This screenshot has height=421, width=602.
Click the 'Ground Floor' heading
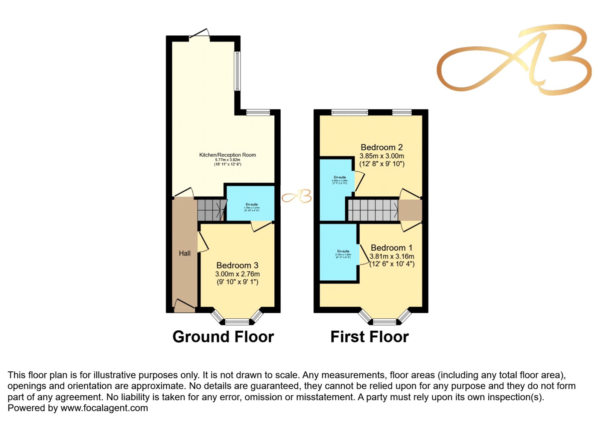tap(223, 337)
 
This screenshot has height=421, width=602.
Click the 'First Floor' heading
tap(369, 337)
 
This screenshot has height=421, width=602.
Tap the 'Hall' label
tap(184, 254)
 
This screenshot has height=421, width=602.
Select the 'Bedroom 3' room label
tap(237, 266)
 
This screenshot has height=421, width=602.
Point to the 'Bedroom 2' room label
tap(382, 147)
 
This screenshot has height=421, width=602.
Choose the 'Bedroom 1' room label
tap(391, 248)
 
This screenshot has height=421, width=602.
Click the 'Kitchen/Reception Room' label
tap(227, 155)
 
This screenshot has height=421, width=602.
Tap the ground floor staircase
tap(211, 210)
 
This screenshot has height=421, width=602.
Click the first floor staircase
tap(372, 210)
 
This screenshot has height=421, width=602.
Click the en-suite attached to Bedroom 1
tap(339, 252)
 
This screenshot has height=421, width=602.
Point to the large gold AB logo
tap(514, 60)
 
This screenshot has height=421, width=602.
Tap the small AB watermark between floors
tap(297, 196)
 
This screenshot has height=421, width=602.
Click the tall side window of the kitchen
tap(237, 71)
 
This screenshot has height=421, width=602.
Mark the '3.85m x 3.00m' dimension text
tap(382, 156)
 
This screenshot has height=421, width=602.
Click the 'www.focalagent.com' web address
tap(104, 408)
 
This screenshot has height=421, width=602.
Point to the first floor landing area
tap(410, 210)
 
